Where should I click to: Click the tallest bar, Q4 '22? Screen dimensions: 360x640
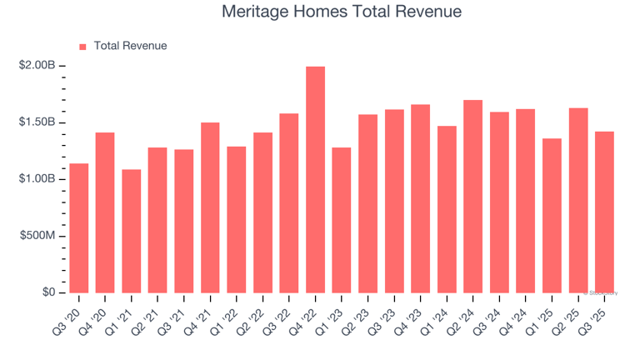tap(315, 179)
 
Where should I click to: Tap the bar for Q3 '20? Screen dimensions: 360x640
tap(79, 227)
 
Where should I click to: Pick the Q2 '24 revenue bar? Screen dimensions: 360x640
tap(472, 196)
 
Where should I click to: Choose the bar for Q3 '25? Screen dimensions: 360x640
tap(604, 212)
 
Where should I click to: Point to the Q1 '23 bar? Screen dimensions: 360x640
tap(342, 220)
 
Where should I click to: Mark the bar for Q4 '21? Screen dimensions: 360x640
tap(210, 207)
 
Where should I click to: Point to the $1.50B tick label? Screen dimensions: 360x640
tap(38, 122)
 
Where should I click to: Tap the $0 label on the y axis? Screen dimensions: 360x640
tap(47, 292)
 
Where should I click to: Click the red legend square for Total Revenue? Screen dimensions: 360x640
tap(82, 47)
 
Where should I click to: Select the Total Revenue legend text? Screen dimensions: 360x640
tap(130, 46)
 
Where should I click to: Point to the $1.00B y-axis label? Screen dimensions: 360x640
tap(38, 179)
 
